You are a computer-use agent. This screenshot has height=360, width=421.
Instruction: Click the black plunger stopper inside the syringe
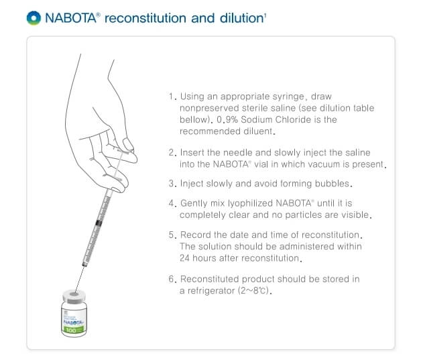[x=99, y=222]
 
